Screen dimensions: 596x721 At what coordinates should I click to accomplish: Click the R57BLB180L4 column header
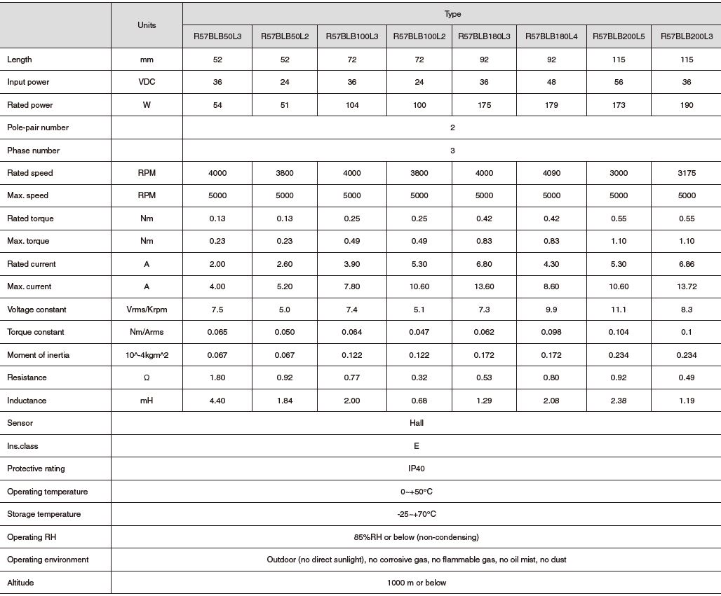[x=551, y=36]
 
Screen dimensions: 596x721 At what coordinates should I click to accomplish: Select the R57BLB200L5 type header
[x=619, y=36]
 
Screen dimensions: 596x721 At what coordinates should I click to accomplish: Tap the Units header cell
[x=147, y=25]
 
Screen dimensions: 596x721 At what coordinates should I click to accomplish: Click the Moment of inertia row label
[x=38, y=355]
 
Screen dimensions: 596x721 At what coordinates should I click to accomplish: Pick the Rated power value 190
[x=687, y=105]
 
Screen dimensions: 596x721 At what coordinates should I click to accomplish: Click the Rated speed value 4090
[x=551, y=173]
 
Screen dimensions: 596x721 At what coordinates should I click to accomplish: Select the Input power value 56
[x=619, y=82]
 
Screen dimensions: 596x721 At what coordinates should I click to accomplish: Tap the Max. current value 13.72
[x=687, y=286]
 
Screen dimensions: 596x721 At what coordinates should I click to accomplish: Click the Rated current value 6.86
[x=687, y=264]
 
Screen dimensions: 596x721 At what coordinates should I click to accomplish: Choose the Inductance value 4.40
[x=217, y=401]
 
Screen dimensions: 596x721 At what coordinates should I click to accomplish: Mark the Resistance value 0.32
[x=419, y=377]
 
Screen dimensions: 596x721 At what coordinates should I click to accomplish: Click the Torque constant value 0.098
[x=551, y=332]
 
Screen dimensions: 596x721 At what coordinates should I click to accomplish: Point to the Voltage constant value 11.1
[x=619, y=310]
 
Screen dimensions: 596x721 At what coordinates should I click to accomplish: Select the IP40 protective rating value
[x=417, y=469]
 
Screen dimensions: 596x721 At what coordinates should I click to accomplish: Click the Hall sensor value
[x=417, y=423]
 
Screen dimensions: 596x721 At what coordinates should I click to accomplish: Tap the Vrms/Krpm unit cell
[x=147, y=310]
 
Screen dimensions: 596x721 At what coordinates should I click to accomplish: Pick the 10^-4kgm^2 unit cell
[x=147, y=355]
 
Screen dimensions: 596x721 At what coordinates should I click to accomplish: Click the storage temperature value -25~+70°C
[x=417, y=514]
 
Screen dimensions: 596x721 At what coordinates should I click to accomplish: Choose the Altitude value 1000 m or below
[x=417, y=583]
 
